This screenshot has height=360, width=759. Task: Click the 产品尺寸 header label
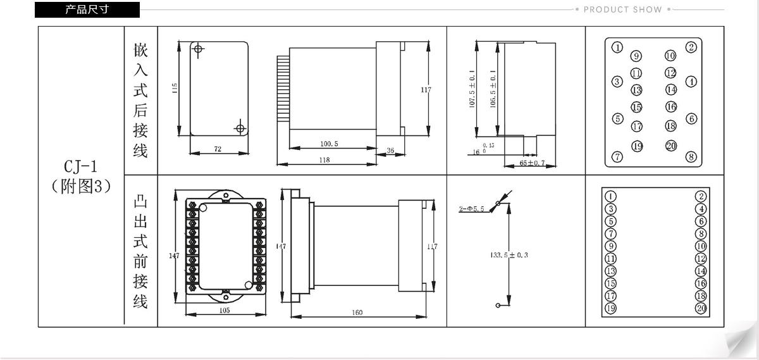[87, 9]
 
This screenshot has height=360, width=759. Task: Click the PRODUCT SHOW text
[622, 9]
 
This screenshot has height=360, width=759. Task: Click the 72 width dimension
[218, 149]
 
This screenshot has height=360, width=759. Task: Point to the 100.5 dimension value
[328, 144]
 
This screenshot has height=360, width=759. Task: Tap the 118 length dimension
[324, 160]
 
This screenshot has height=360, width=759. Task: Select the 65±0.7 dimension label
[533, 163]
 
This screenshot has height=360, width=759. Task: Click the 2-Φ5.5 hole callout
[472, 208]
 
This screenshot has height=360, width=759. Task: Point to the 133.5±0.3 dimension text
[509, 255]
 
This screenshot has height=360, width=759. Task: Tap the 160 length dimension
[357, 313]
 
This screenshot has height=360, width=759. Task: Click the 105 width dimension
[224, 310]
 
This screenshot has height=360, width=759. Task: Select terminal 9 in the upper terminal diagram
[636, 56]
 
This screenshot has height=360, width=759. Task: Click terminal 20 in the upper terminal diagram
[671, 146]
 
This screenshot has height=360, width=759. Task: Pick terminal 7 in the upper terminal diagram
[618, 157]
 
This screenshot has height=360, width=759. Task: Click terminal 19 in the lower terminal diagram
[610, 308]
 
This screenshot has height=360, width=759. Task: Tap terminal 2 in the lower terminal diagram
[701, 196]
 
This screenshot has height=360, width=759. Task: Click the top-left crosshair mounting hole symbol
[199, 49]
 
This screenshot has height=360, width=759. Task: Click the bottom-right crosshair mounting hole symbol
[239, 128]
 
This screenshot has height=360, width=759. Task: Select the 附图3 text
[81, 187]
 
